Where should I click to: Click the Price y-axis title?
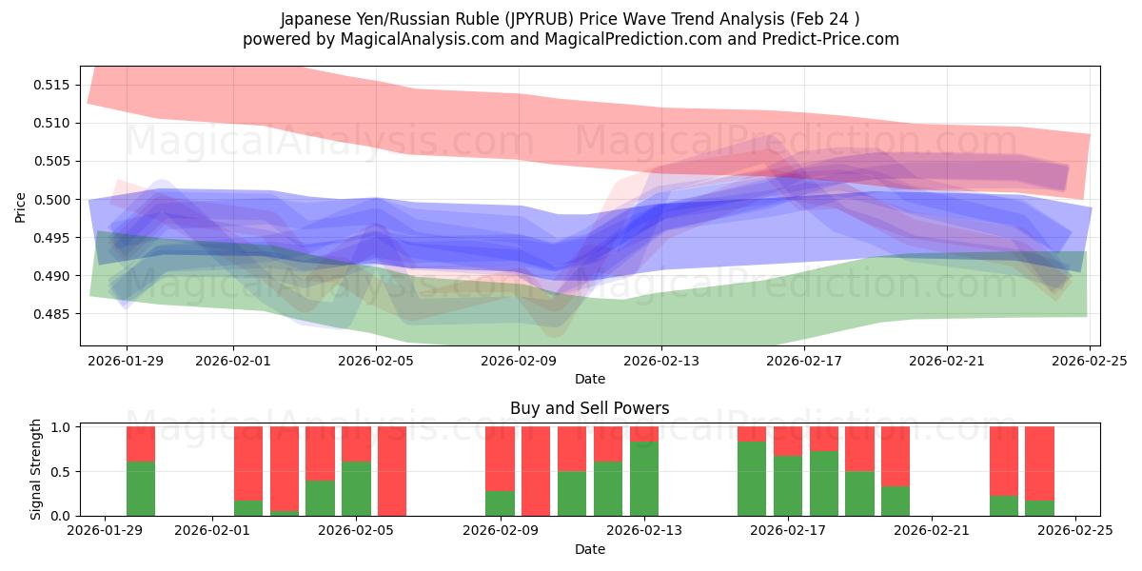pyautogui.click(x=21, y=207)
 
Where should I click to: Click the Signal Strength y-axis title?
pyautogui.click(x=37, y=469)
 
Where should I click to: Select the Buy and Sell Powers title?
pyautogui.click(x=589, y=408)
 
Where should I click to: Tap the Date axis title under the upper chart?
pyautogui.click(x=589, y=379)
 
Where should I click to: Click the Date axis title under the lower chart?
pyautogui.click(x=589, y=549)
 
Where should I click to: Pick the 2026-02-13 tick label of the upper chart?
pyautogui.click(x=661, y=361)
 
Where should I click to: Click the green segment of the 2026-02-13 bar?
pyautogui.click(x=644, y=479)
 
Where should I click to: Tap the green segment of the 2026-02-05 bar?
pyautogui.click(x=356, y=488)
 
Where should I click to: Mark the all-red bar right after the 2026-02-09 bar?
pyautogui.click(x=536, y=471)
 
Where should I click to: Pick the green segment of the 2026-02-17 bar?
pyautogui.click(x=788, y=485)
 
